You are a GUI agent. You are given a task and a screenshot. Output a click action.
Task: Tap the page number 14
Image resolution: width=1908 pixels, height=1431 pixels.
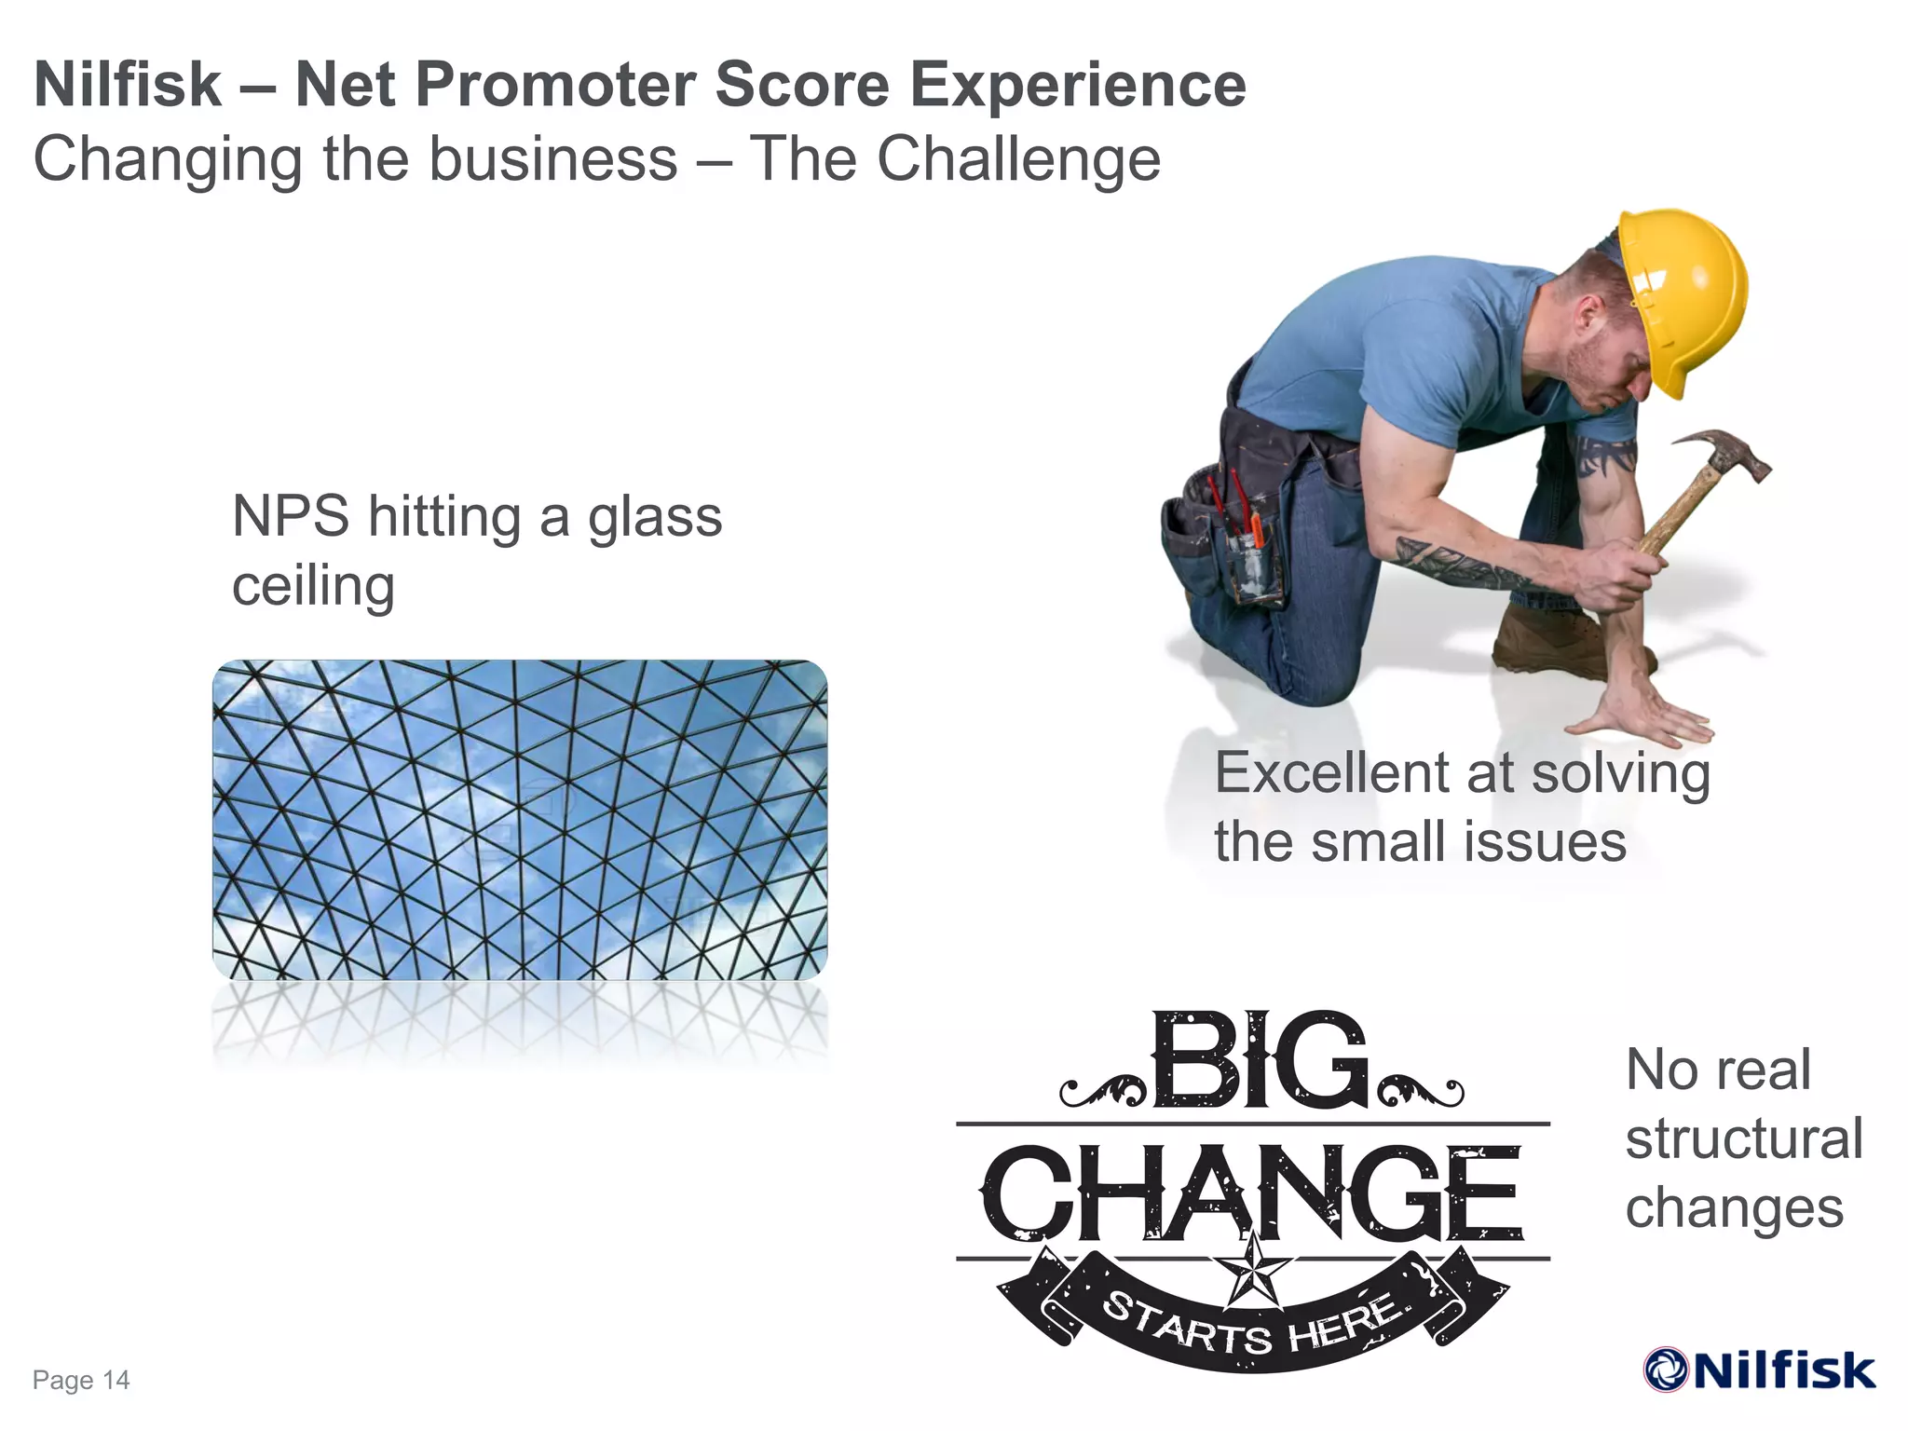116,1380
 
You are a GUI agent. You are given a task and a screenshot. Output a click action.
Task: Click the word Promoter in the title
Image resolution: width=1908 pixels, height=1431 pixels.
494,86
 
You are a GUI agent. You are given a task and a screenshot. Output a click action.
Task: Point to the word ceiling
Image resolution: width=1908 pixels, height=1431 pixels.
313,586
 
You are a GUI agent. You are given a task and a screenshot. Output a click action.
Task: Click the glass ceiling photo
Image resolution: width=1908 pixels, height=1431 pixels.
520,820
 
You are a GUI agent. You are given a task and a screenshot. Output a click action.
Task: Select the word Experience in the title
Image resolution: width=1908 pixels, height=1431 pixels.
1077,86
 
